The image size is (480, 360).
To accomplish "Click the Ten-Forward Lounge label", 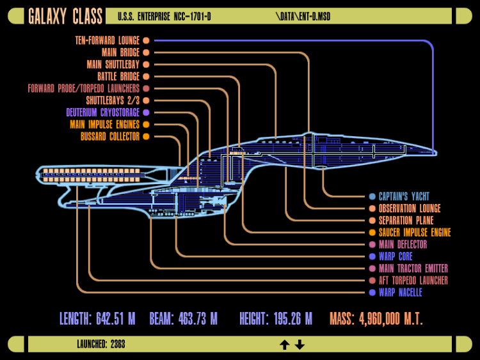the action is [107, 40].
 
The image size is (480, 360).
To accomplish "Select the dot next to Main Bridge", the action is [147, 52].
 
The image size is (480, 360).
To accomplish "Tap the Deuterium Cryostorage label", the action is [103, 113].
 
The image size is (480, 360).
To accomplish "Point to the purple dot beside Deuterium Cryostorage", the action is [147, 113].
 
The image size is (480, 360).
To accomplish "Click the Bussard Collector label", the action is [110, 136].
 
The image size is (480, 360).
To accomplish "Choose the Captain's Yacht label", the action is [404, 196].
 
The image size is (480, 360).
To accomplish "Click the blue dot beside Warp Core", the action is [372, 256].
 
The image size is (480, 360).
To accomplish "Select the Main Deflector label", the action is [403, 244].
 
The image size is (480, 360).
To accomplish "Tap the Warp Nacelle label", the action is [401, 292].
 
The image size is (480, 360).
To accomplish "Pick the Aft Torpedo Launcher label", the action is [413, 281].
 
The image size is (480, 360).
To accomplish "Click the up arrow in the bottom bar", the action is [285, 345].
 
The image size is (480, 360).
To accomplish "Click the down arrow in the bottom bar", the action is [300, 345].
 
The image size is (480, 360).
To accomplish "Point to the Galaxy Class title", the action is [65, 16].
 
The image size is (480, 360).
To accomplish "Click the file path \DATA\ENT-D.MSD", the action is [303, 16].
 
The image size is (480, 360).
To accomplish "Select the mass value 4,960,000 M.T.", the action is [391, 319].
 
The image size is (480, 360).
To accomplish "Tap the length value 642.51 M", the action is [116, 319].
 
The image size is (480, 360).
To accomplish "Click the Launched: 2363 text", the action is [101, 345].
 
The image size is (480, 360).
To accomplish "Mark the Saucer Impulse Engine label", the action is [415, 233].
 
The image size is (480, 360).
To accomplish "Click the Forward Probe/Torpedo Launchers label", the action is [84, 89].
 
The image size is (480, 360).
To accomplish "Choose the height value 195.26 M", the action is [293, 319].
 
